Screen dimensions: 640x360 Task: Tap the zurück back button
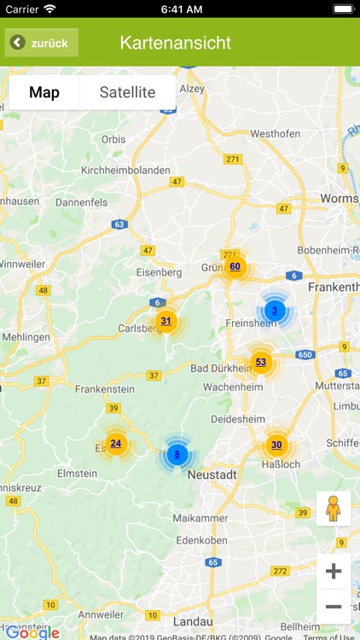[41, 43]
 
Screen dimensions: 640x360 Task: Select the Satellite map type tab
[127, 92]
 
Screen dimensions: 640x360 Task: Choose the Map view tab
[44, 92]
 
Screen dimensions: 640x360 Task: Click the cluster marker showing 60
[235, 266]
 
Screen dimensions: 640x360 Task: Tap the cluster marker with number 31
[166, 322]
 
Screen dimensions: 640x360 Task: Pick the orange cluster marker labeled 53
[260, 362]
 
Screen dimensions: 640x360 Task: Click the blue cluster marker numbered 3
[274, 310]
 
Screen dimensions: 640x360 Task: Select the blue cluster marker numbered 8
[177, 454]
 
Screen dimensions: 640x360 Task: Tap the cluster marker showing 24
[115, 443]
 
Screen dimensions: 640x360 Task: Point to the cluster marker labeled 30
[276, 445]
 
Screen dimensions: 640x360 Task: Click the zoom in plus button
[334, 571]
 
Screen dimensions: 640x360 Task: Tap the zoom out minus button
[334, 607]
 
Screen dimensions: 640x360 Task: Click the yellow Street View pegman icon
[333, 509]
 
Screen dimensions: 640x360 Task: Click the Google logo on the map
[34, 632]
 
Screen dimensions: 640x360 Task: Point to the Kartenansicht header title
[176, 43]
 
